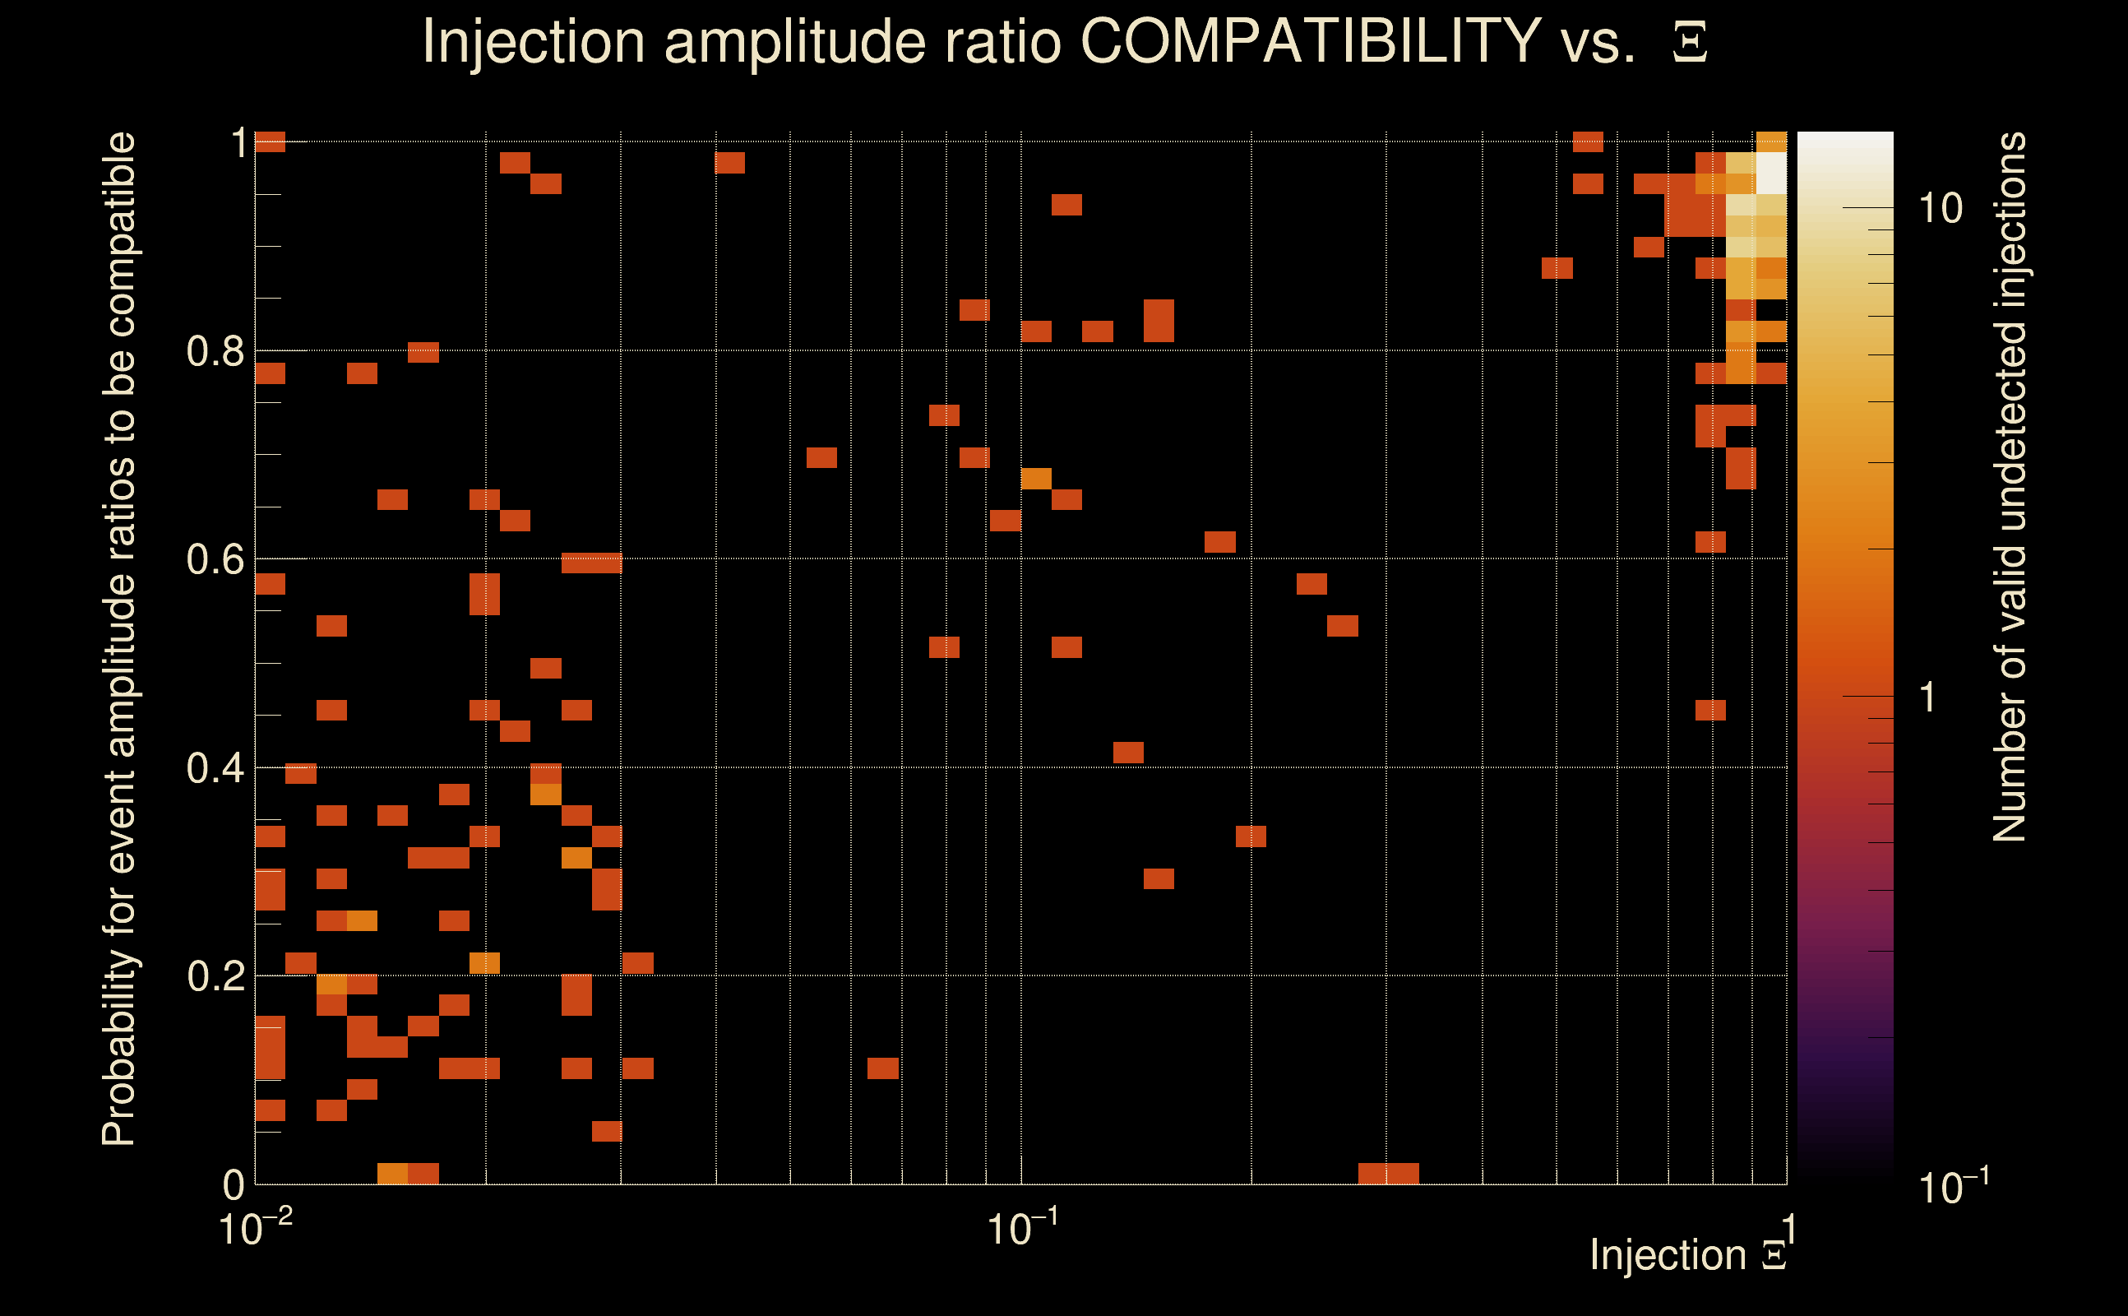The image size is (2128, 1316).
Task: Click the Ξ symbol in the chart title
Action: [1690, 43]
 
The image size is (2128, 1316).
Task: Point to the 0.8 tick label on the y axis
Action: [215, 352]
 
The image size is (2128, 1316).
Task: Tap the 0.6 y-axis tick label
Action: [215, 559]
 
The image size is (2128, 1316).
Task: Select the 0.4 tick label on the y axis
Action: [215, 768]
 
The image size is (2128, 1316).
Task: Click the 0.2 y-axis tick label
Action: [215, 976]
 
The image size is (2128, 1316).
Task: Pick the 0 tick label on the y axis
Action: [234, 1185]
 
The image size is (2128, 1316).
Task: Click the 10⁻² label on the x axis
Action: [254, 1228]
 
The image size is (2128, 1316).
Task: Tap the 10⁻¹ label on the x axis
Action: [1022, 1228]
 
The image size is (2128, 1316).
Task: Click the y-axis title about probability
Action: [119, 640]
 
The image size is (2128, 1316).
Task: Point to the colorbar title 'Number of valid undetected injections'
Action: [2010, 488]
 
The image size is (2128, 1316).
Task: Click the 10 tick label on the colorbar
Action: [1940, 209]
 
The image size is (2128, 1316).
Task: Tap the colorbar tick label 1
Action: [1928, 698]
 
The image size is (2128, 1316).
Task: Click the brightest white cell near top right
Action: [1771, 174]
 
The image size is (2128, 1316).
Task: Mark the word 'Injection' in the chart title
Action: [533, 41]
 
